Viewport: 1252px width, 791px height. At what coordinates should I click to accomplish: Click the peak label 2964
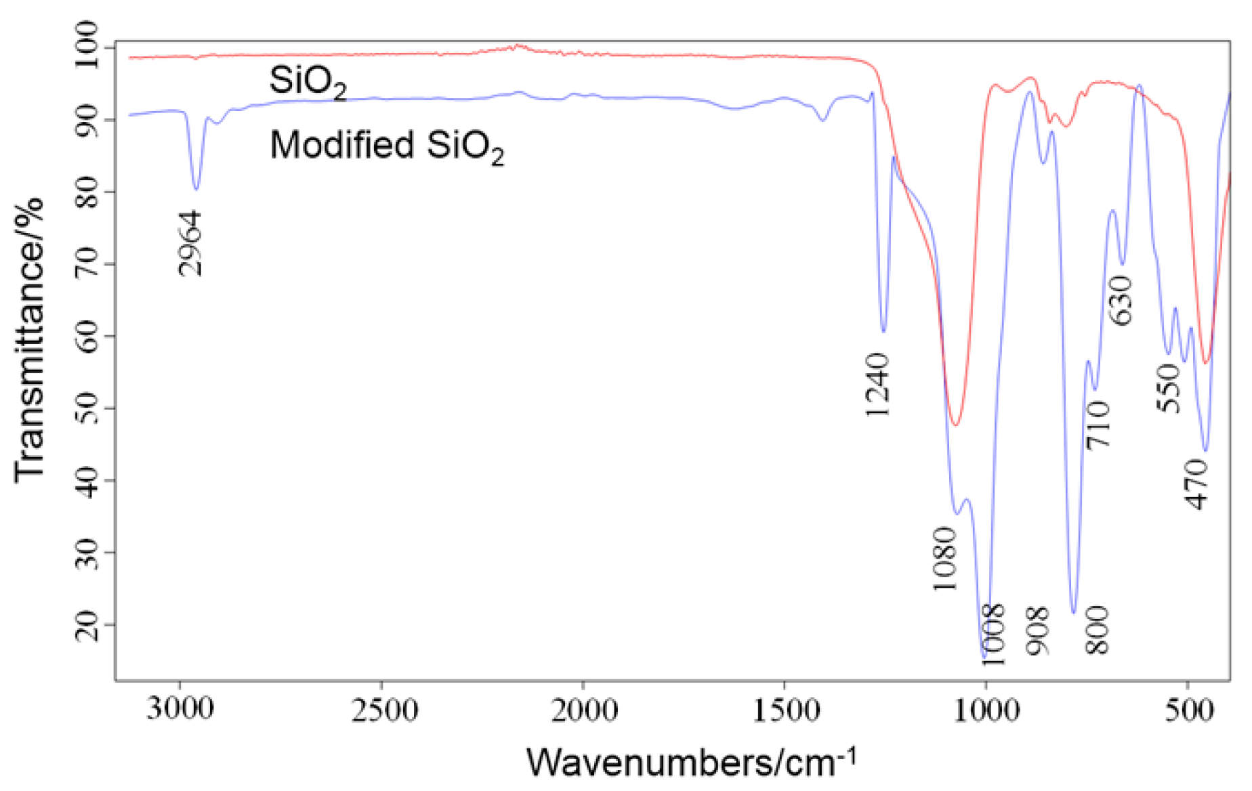click(190, 243)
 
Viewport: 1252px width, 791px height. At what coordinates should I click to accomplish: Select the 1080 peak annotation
click(944, 559)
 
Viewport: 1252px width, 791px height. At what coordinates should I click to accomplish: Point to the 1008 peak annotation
click(993, 635)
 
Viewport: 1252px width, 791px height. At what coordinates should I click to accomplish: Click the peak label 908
click(1037, 631)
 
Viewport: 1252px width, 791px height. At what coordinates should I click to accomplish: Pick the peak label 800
click(1096, 630)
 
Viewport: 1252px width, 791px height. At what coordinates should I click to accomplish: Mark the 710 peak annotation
click(1098, 425)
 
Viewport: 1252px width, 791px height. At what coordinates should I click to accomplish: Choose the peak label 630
click(1120, 301)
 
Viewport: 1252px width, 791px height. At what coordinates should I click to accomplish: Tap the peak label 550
click(1169, 387)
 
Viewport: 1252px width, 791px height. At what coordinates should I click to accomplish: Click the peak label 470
click(1196, 484)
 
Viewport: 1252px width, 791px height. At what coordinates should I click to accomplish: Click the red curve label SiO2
click(308, 82)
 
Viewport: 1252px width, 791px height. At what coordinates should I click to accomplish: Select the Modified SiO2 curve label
click(387, 146)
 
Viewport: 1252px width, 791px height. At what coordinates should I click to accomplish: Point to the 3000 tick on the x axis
click(180, 710)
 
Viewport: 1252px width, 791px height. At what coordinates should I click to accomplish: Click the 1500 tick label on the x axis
click(785, 710)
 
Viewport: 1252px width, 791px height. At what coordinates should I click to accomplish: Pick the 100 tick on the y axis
click(87, 45)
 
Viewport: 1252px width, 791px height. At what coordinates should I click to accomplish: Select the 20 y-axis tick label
click(87, 624)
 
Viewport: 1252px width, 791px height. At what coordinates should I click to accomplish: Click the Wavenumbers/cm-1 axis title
click(691, 762)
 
